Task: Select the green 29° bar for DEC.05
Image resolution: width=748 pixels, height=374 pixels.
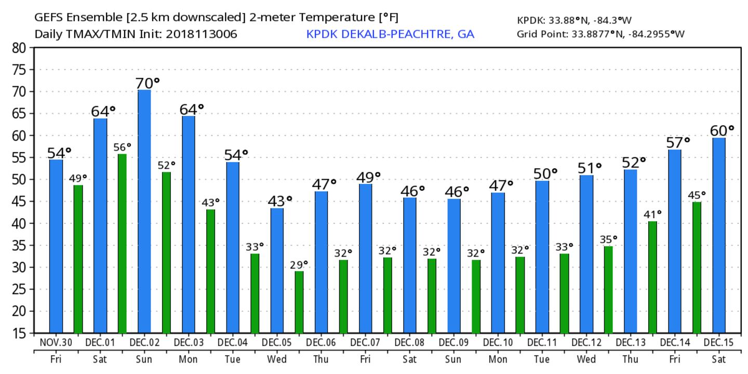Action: [x=299, y=302]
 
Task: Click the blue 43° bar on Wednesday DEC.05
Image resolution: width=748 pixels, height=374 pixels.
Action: [x=277, y=270]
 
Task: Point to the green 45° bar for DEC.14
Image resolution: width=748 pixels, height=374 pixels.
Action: [x=697, y=267]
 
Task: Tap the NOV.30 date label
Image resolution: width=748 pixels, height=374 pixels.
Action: [x=56, y=343]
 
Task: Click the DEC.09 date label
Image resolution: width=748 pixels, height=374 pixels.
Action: [x=454, y=343]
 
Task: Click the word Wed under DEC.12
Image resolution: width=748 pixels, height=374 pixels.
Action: [x=586, y=359]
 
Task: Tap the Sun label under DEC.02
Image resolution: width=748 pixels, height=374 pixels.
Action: [x=144, y=359]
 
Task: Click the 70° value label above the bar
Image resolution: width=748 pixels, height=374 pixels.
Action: [x=148, y=83]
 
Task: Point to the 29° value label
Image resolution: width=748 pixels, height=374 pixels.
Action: [x=299, y=264]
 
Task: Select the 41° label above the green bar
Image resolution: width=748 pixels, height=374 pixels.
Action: [x=652, y=214]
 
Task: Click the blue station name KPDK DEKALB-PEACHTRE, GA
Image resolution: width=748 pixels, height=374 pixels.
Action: [x=390, y=34]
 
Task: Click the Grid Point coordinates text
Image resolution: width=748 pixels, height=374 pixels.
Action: [x=600, y=34]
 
